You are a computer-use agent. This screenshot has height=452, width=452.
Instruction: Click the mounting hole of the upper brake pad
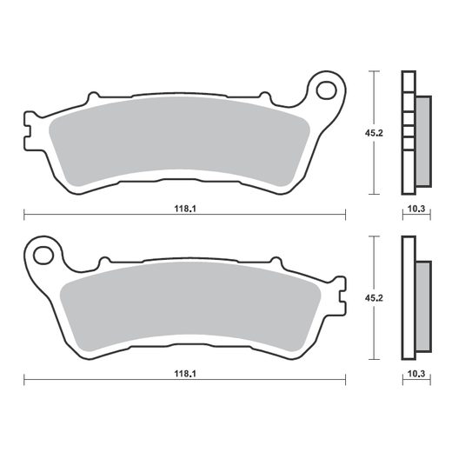(x=328, y=90)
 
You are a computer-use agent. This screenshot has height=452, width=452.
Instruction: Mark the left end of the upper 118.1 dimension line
(x=23, y=213)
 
